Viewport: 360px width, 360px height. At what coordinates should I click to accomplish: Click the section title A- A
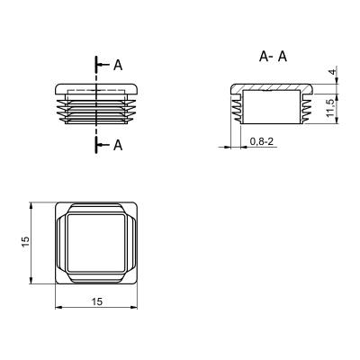click(273, 57)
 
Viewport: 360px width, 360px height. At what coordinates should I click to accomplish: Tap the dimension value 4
click(332, 72)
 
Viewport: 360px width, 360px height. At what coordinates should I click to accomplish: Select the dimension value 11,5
click(329, 108)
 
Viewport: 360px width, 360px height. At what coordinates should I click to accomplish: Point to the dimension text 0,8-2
click(261, 141)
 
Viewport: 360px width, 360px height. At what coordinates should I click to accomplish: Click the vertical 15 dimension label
click(26, 242)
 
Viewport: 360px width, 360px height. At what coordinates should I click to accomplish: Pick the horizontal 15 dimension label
click(97, 301)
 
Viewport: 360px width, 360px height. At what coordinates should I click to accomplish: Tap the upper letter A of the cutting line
click(118, 65)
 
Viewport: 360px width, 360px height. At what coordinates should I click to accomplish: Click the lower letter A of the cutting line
click(118, 145)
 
